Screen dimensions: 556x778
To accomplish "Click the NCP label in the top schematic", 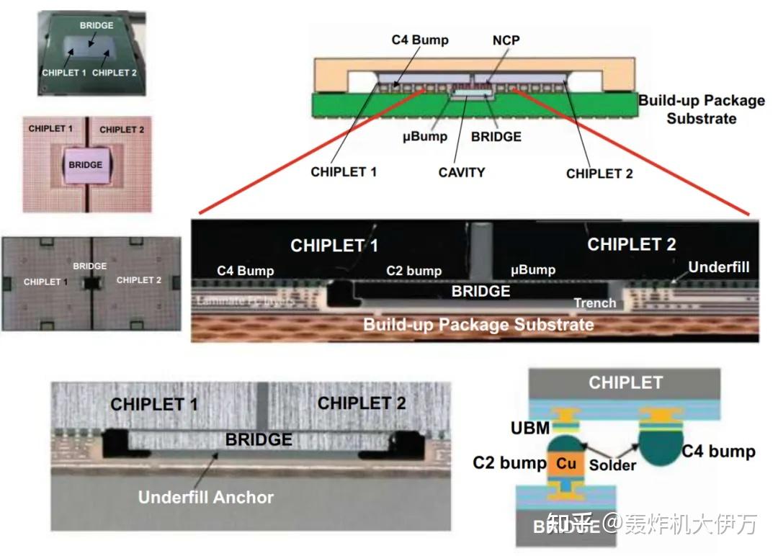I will tap(506, 40).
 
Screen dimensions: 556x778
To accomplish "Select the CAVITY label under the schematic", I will tap(462, 172).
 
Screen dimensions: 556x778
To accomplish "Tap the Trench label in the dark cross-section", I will tap(594, 303).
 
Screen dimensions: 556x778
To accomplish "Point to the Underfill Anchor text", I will tap(206, 497).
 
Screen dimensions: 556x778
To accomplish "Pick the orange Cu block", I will tap(565, 463).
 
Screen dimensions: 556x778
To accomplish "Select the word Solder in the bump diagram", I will tap(612, 465).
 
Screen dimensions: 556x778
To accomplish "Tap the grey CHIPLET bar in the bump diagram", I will tap(625, 382).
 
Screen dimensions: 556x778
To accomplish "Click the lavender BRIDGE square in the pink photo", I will tap(85, 165).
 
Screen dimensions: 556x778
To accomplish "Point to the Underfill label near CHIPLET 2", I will tap(718, 267).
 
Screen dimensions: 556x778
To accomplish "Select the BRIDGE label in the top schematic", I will tap(496, 136).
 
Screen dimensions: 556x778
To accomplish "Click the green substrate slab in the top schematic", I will tap(360, 107).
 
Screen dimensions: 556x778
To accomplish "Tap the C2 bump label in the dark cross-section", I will tap(413, 271).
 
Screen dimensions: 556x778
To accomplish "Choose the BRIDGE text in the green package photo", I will tap(96, 25).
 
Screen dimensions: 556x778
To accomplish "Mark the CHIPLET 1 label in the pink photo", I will tap(50, 129).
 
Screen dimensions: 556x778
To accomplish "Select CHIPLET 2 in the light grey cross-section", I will tap(362, 403).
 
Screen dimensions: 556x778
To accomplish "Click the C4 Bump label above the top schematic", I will tap(419, 40).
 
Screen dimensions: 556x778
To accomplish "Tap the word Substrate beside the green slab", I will tap(701, 118).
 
